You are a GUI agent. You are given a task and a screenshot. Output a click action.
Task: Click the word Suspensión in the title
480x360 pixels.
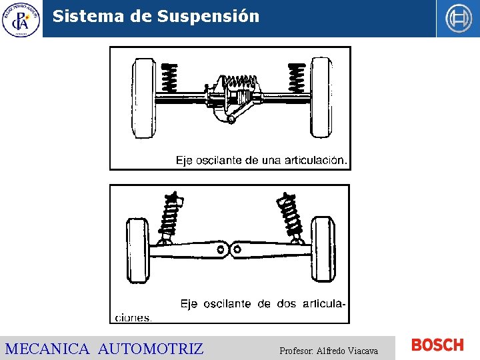pos(208,17)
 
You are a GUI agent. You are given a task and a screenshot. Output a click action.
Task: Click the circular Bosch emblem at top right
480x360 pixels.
pos(458,19)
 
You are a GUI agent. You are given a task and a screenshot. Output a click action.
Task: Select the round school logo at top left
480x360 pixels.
pos(21,19)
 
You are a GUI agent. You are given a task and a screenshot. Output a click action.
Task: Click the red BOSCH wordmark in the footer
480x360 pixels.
pos(437,345)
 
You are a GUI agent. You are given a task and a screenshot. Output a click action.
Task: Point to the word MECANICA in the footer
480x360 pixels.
pos(47,349)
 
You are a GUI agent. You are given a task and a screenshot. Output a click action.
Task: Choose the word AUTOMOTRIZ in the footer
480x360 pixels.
pos(151,349)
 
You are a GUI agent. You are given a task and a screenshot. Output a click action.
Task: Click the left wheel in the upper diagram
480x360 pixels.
pos(144,98)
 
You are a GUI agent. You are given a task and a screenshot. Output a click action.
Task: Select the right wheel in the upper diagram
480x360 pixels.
pos(321,98)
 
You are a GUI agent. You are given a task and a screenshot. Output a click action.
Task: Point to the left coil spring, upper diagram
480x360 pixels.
pos(170,79)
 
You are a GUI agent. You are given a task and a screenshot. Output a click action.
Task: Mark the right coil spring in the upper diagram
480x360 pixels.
pos(296,79)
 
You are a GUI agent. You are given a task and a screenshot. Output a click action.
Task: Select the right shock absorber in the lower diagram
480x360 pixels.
pos(291,215)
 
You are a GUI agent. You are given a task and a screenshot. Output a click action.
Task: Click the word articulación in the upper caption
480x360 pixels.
pos(314,160)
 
